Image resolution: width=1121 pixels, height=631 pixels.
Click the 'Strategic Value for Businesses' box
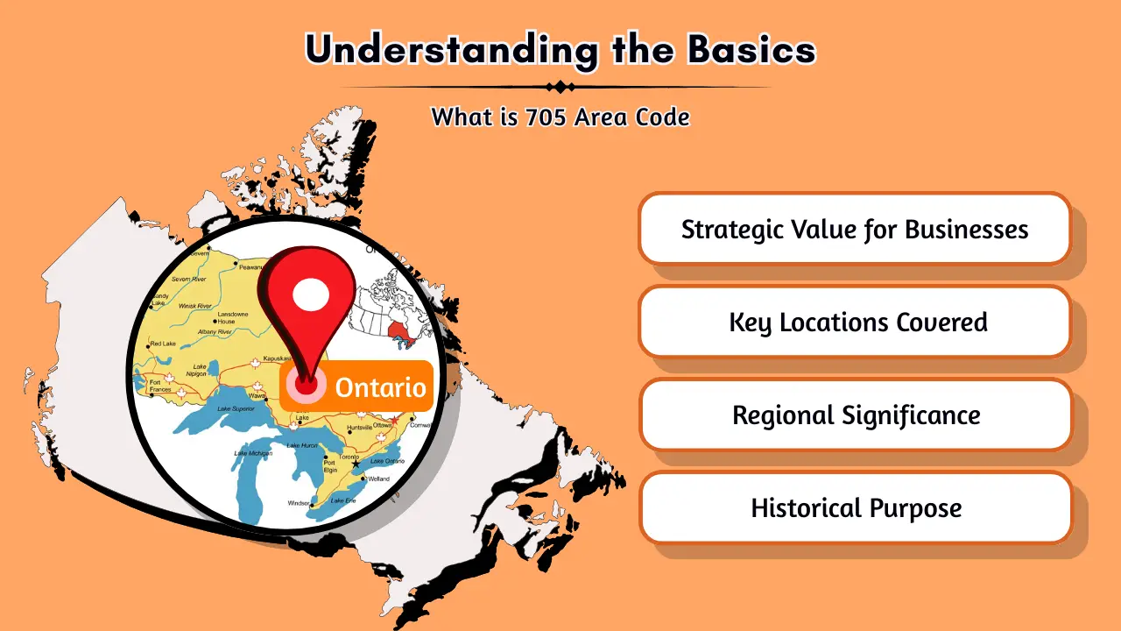tap(855, 230)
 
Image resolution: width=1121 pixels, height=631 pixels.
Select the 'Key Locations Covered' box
tap(855, 322)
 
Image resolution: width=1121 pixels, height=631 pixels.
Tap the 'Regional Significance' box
tap(855, 415)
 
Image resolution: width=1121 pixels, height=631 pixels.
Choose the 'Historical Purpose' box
tap(855, 507)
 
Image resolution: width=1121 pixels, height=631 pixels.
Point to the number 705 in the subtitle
tap(546, 116)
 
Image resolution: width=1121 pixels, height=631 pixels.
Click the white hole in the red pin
tap(309, 295)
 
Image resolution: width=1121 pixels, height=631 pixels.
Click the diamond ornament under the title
tap(559, 87)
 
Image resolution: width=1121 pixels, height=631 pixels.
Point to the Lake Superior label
tap(236, 408)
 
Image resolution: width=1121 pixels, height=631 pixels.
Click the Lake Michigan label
tap(252, 453)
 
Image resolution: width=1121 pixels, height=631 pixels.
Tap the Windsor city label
tap(299, 503)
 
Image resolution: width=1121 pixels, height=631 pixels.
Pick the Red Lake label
tap(163, 344)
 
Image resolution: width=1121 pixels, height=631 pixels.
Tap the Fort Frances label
tap(160, 386)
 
